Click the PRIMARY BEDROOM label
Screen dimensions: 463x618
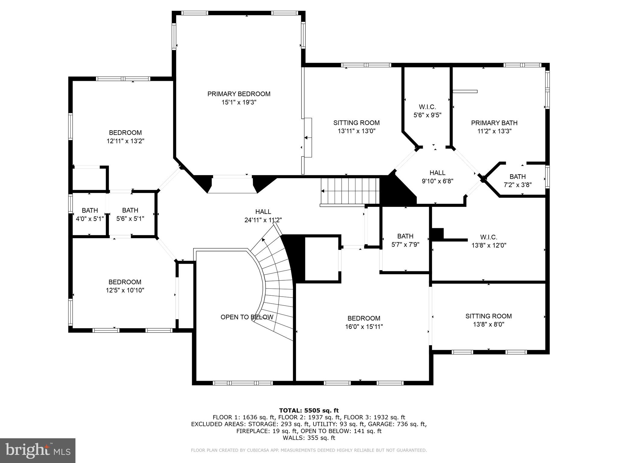click(239, 94)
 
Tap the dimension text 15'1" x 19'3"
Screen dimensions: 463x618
click(239, 102)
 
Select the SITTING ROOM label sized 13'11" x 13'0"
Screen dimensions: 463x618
click(356, 123)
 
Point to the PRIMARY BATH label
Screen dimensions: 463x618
click(494, 123)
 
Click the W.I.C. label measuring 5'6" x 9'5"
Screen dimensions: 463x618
click(427, 107)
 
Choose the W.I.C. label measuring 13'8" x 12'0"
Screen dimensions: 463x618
click(489, 237)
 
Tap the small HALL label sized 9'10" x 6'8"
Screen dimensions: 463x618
click(437, 173)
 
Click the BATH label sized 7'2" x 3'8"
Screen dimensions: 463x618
click(518, 177)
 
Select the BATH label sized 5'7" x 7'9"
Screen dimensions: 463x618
click(405, 236)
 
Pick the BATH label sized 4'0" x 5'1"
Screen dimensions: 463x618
click(90, 210)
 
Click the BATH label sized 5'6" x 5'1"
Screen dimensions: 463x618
click(130, 210)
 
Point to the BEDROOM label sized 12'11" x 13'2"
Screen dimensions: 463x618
click(125, 133)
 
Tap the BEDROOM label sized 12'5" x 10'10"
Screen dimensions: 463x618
click(125, 282)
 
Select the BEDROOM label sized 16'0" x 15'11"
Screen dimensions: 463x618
click(364, 318)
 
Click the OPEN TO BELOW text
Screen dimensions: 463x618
click(247, 317)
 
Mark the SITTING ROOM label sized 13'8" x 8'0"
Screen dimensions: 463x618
click(488, 316)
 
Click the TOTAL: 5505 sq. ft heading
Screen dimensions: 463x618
click(309, 410)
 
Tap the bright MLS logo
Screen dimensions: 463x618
click(38, 450)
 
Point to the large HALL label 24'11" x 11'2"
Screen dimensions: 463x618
click(263, 212)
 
